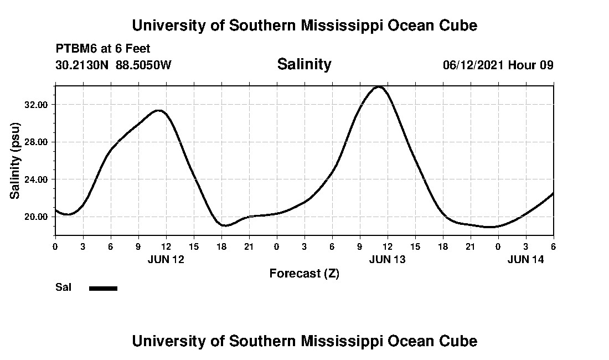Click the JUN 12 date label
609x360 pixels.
(166, 259)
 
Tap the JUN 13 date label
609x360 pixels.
(387, 259)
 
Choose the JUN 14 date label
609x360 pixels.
(525, 259)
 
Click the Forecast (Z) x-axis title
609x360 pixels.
(304, 274)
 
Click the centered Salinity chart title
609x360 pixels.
(304, 64)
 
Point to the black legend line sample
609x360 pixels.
(103, 288)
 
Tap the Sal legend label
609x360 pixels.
(64, 287)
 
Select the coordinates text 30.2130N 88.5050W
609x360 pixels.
(113, 65)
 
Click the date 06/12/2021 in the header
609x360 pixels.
(473, 65)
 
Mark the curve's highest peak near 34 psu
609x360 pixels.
(379, 86)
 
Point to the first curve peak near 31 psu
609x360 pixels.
(159, 111)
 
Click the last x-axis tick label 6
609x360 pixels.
(553, 246)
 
